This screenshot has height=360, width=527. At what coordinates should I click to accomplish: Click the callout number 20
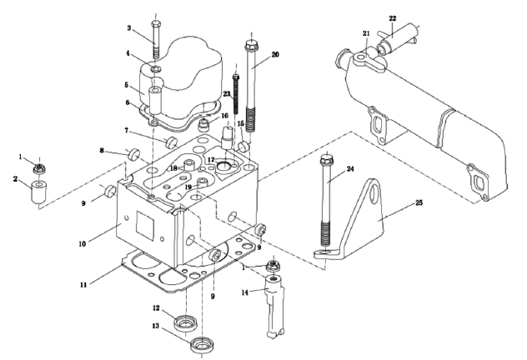click(x=275, y=54)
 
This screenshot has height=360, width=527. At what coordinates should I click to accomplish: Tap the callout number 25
click(x=419, y=202)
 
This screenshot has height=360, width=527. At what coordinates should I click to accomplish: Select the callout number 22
click(x=393, y=18)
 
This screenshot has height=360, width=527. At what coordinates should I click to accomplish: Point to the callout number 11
click(x=83, y=285)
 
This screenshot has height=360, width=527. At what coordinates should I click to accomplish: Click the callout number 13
click(x=156, y=326)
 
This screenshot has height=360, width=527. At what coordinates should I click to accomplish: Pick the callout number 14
click(x=245, y=292)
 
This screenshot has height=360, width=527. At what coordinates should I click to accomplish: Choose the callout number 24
click(x=350, y=168)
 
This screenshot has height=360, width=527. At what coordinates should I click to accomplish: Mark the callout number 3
click(x=129, y=27)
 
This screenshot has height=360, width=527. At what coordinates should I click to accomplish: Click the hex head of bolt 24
click(x=326, y=159)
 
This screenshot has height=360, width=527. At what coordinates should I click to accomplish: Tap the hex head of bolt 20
click(x=251, y=45)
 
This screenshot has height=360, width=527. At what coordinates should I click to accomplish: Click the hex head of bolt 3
click(x=156, y=24)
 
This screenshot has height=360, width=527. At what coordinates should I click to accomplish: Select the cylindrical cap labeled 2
click(x=39, y=192)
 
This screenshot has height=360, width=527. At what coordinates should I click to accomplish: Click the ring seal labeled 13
click(x=202, y=346)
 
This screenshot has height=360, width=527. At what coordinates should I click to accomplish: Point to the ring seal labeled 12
click(x=185, y=323)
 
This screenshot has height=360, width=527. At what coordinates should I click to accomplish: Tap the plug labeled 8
click(x=134, y=154)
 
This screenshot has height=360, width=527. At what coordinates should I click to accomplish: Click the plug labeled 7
click(x=172, y=142)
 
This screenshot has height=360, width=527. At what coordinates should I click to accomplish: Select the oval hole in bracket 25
click(x=373, y=193)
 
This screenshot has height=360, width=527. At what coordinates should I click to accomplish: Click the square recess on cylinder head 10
click(x=145, y=225)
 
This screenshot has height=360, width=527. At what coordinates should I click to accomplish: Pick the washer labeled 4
click(x=156, y=69)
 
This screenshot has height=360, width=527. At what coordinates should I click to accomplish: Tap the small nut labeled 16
click(x=204, y=125)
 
